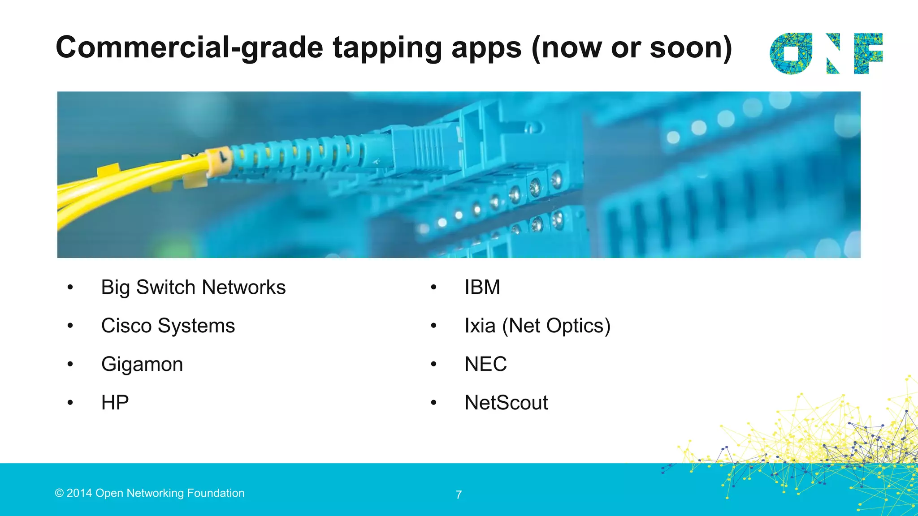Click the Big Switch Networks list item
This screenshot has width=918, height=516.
pos(193,288)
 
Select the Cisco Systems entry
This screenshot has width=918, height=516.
pos(168,326)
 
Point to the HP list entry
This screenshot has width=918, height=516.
pos(115,403)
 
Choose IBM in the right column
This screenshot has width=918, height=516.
pos(482,288)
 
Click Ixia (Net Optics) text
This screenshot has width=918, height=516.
pos(537,326)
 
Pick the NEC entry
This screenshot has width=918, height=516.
pos(485,364)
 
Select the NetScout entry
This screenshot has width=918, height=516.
pos(506,403)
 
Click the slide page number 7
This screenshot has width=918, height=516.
pos(459,495)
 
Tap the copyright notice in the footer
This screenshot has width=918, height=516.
pos(150,493)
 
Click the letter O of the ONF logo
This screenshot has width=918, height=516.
pos(791,53)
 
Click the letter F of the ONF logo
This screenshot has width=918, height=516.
pos(868,53)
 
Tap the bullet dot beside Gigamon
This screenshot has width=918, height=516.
pos(70,364)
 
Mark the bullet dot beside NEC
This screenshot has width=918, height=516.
pos(433,364)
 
